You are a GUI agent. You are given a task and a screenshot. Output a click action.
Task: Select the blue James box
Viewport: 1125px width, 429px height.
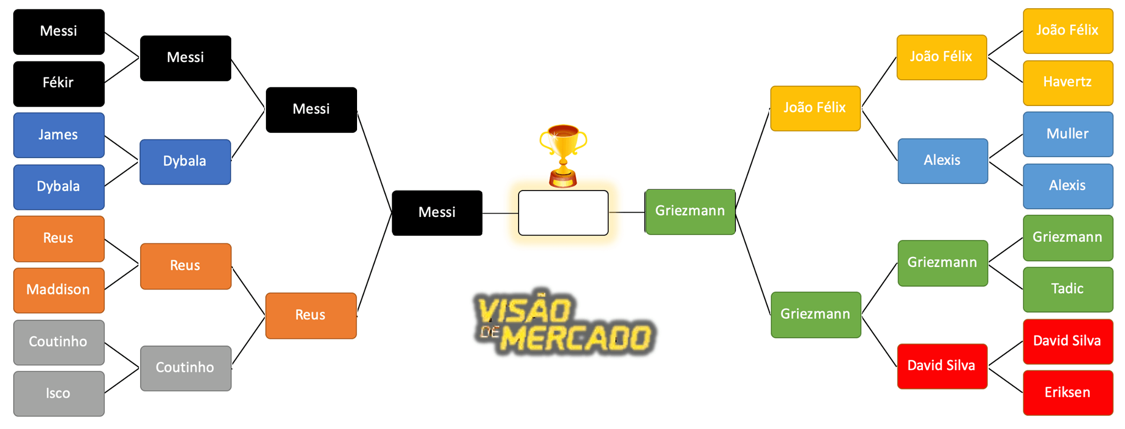[x=59, y=135]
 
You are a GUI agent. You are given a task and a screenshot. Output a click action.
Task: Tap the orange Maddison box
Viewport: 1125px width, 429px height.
[x=59, y=290]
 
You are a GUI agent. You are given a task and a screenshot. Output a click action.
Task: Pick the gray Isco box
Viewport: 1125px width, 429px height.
[x=59, y=393]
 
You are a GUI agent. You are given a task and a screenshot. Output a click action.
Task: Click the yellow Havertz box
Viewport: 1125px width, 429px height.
[x=1067, y=82]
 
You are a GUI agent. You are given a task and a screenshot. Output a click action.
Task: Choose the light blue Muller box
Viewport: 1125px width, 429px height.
[x=1067, y=134]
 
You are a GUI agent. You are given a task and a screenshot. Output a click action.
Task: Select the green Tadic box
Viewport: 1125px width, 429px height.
[x=1067, y=289]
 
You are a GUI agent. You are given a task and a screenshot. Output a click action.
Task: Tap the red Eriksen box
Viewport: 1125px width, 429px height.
[x=1067, y=393]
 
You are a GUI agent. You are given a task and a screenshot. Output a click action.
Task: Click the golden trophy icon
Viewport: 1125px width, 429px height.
[x=563, y=155]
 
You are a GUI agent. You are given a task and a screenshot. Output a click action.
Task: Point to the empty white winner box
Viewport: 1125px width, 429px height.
[x=563, y=213]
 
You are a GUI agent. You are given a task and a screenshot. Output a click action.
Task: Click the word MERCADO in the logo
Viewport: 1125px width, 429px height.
[x=577, y=338]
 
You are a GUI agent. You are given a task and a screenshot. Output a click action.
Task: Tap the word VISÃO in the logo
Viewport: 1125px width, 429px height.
[x=525, y=310]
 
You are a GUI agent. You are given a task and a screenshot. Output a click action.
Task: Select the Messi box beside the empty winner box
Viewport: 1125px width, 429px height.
[x=437, y=213]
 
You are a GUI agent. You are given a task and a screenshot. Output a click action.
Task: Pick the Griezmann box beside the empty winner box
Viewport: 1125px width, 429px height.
[x=690, y=211]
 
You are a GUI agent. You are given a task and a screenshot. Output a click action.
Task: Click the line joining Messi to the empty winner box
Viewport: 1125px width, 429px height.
[x=500, y=213]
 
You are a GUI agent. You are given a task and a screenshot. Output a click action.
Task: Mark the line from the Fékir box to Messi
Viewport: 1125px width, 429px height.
[x=122, y=70]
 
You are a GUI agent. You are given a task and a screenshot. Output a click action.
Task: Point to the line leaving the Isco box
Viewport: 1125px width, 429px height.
[x=122, y=380]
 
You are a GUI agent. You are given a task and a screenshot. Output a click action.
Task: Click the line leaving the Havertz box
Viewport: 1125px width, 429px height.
[x=1005, y=69]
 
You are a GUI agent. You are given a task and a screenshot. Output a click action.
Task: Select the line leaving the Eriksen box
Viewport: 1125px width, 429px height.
[x=1005, y=379]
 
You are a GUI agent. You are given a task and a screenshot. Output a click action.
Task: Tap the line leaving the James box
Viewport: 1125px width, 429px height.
[x=122, y=148]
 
